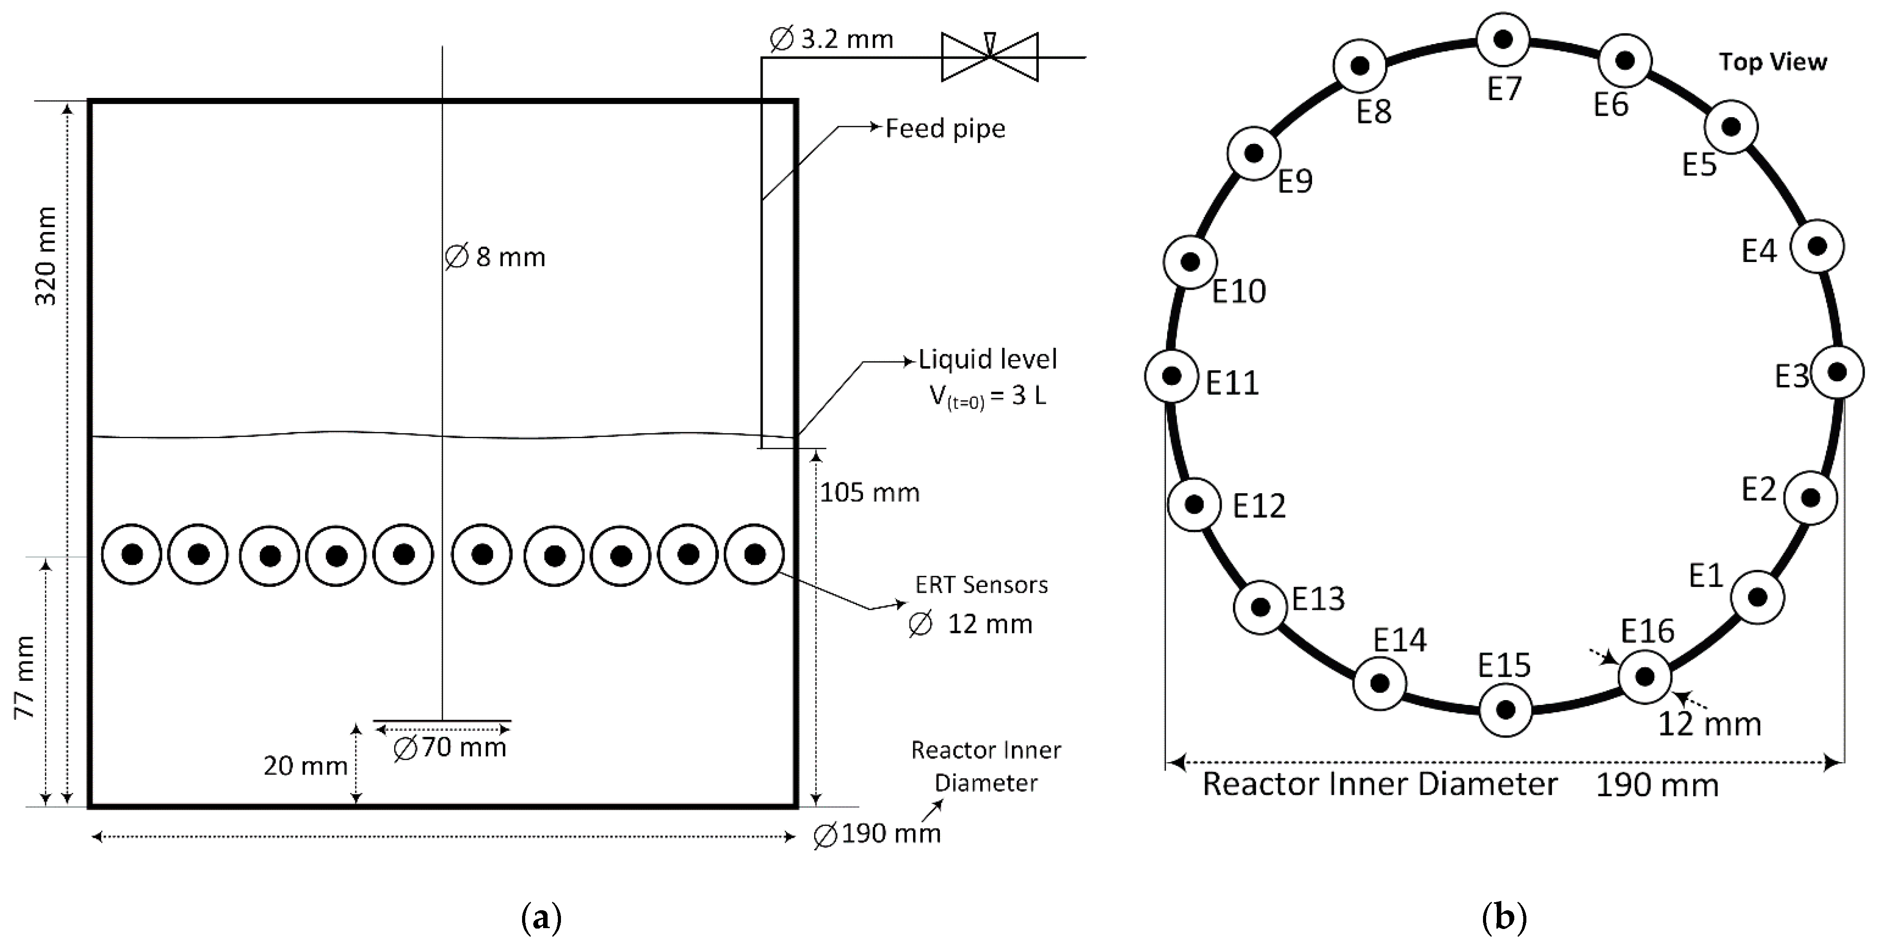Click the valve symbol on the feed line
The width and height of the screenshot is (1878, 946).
pos(989,56)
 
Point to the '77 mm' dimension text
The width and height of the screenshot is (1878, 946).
pos(25,677)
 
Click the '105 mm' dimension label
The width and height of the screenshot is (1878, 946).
pos(869,493)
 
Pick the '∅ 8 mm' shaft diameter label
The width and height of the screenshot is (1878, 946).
pos(495,257)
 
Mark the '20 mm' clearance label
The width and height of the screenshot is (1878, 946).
pos(305,766)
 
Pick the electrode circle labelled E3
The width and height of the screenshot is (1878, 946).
pos(1837,372)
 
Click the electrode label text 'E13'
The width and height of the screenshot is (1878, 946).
pos(1318,599)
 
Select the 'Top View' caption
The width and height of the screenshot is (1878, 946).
pos(1772,62)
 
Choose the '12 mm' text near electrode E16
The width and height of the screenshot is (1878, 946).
pos(1709,724)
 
